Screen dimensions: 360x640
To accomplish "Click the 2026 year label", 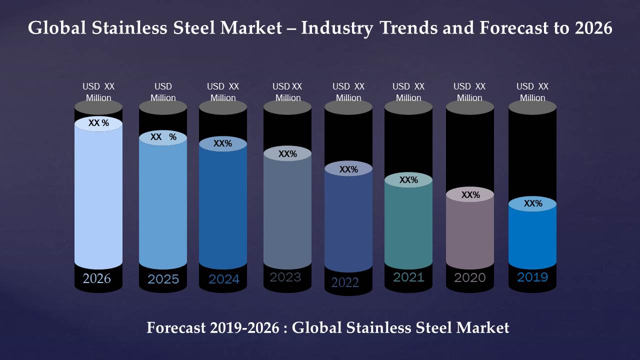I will (x=97, y=278).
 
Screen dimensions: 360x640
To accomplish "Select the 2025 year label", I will (x=163, y=279).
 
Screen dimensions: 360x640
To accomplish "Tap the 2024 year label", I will (x=223, y=279).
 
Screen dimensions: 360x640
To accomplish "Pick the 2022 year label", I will (x=345, y=282).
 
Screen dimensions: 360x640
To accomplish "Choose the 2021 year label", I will (x=408, y=277).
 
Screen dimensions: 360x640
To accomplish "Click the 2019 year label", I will (x=532, y=277).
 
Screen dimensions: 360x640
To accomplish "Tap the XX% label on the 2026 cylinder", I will (x=98, y=123).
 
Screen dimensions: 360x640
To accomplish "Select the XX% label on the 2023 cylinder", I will (x=287, y=154).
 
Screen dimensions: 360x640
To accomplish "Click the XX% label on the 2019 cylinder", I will (x=533, y=203).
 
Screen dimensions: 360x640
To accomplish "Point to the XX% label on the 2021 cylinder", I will (x=408, y=180).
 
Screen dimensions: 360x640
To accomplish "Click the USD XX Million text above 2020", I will (x=469, y=92).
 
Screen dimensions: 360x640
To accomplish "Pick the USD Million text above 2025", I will (x=163, y=92).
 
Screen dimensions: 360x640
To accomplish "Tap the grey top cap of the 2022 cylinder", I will (x=348, y=107).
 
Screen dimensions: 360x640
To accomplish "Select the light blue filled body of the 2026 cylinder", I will (x=98, y=200).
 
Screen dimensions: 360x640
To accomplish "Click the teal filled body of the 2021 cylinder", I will (x=408, y=225).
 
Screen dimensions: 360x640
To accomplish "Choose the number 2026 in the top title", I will (x=593, y=28).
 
